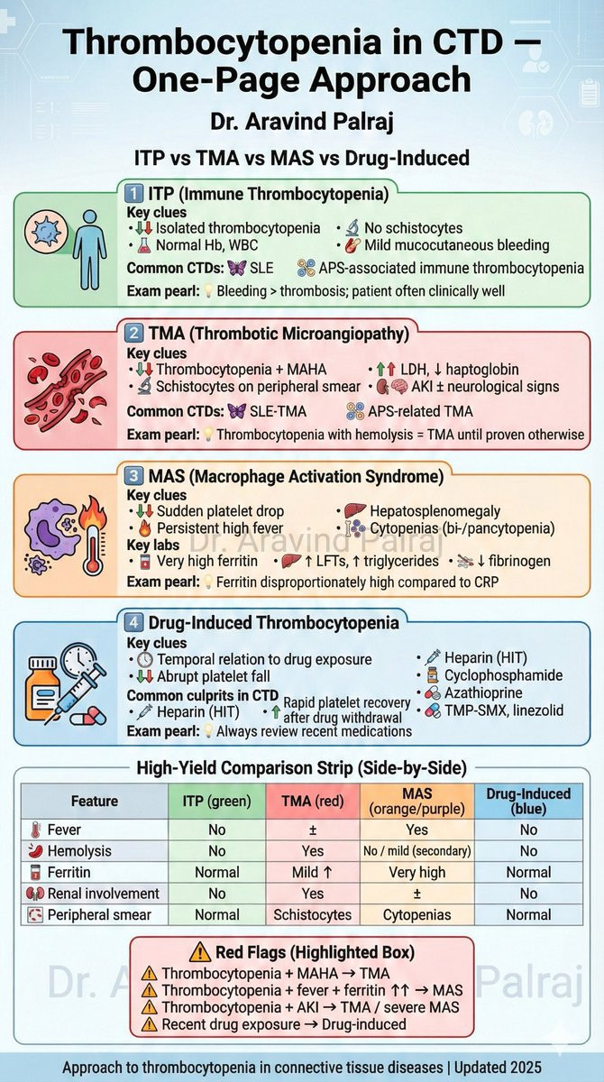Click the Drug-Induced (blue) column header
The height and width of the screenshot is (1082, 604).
point(528,801)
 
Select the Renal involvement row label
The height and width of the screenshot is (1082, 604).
point(90,894)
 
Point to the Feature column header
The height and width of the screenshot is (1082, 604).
point(95,801)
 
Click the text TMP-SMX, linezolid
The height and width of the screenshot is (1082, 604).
point(507,711)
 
